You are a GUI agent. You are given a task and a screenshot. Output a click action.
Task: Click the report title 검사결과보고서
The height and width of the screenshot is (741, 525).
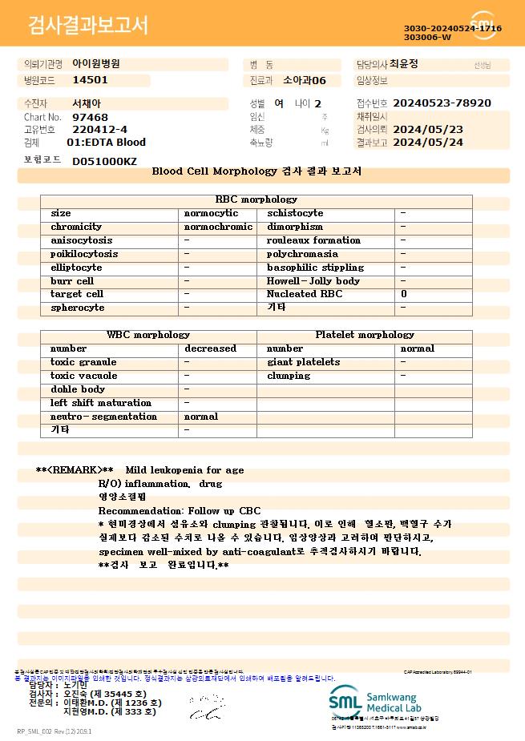click(x=88, y=26)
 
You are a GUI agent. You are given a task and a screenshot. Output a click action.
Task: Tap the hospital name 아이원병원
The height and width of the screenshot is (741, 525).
click(x=96, y=64)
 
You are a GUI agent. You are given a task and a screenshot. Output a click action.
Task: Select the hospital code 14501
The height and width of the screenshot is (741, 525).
click(x=90, y=80)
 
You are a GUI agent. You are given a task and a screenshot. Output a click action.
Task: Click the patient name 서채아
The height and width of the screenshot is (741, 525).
click(x=87, y=103)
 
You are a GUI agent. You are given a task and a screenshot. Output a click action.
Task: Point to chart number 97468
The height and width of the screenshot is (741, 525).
click(x=90, y=117)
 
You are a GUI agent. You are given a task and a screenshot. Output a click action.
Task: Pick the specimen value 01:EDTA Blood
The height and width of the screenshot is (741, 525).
click(x=106, y=143)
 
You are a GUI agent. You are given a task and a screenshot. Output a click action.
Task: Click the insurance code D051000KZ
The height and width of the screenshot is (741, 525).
click(x=104, y=161)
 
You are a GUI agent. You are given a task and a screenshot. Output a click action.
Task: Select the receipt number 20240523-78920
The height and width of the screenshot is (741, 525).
click(x=442, y=103)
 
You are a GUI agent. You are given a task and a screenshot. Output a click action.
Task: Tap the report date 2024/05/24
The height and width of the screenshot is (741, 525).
click(x=429, y=143)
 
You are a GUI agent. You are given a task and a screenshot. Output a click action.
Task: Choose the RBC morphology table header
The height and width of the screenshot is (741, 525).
click(x=256, y=199)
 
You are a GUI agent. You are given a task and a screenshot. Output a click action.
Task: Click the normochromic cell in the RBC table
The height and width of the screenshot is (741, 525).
click(x=218, y=227)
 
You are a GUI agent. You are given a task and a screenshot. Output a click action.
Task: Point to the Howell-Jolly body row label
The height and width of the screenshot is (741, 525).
click(x=313, y=281)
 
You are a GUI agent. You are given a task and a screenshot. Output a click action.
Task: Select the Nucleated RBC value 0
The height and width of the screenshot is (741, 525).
click(x=404, y=294)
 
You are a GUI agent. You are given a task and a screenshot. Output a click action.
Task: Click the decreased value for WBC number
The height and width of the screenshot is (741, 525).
click(x=210, y=348)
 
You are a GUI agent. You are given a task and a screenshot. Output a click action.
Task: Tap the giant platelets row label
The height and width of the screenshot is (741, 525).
click(x=303, y=362)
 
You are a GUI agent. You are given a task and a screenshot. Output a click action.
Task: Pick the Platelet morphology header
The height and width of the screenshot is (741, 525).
click(x=365, y=335)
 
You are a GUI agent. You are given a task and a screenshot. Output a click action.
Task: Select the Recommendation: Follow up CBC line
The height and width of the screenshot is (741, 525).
click(x=179, y=511)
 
